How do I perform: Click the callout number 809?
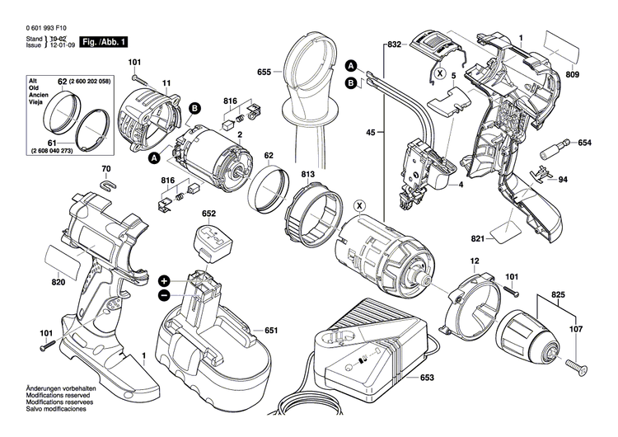click(x=596, y=75)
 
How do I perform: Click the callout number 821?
click(x=476, y=239)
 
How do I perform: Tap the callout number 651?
click(x=270, y=331)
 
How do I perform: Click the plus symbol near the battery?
click(x=164, y=280)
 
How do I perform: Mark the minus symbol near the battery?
click(x=164, y=294)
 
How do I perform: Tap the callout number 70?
click(x=105, y=170)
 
